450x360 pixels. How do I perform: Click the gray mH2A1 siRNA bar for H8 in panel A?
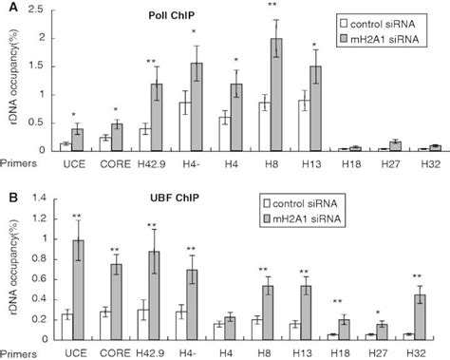275,95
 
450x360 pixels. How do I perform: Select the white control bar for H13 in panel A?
305,125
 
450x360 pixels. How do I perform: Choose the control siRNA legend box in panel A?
344,19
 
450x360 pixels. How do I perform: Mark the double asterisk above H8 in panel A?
273,6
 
